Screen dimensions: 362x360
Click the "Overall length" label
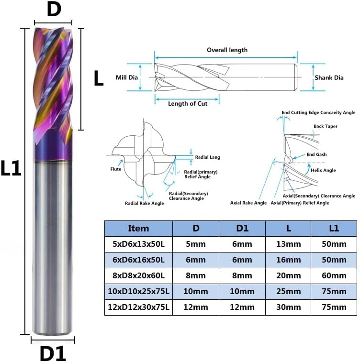pos(227,50)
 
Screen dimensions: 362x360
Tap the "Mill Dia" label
pos(127,77)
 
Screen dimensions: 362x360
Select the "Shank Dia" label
pos(329,77)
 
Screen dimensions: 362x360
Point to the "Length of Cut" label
pos(188,104)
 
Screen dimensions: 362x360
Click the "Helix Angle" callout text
pos(323,170)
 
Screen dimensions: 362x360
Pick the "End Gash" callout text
pos(316,155)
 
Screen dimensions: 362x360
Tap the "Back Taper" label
pos(326,126)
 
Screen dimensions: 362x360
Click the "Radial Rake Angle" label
pos(145,203)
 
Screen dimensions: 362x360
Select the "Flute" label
pos(115,169)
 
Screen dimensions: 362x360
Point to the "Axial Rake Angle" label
pos(248,203)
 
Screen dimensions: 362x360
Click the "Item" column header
pos(138,228)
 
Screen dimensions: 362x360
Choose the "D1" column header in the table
pos(242,228)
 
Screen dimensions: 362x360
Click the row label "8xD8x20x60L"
pos(138,275)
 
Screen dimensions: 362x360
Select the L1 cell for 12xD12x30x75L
pos(334,307)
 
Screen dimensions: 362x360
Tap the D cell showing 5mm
pos(195,244)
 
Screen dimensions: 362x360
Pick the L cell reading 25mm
pos(288,291)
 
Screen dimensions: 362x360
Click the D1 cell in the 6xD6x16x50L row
pos(242,260)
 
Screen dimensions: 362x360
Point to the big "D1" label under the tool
pos(52,354)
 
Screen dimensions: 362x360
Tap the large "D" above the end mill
pos(54,10)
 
